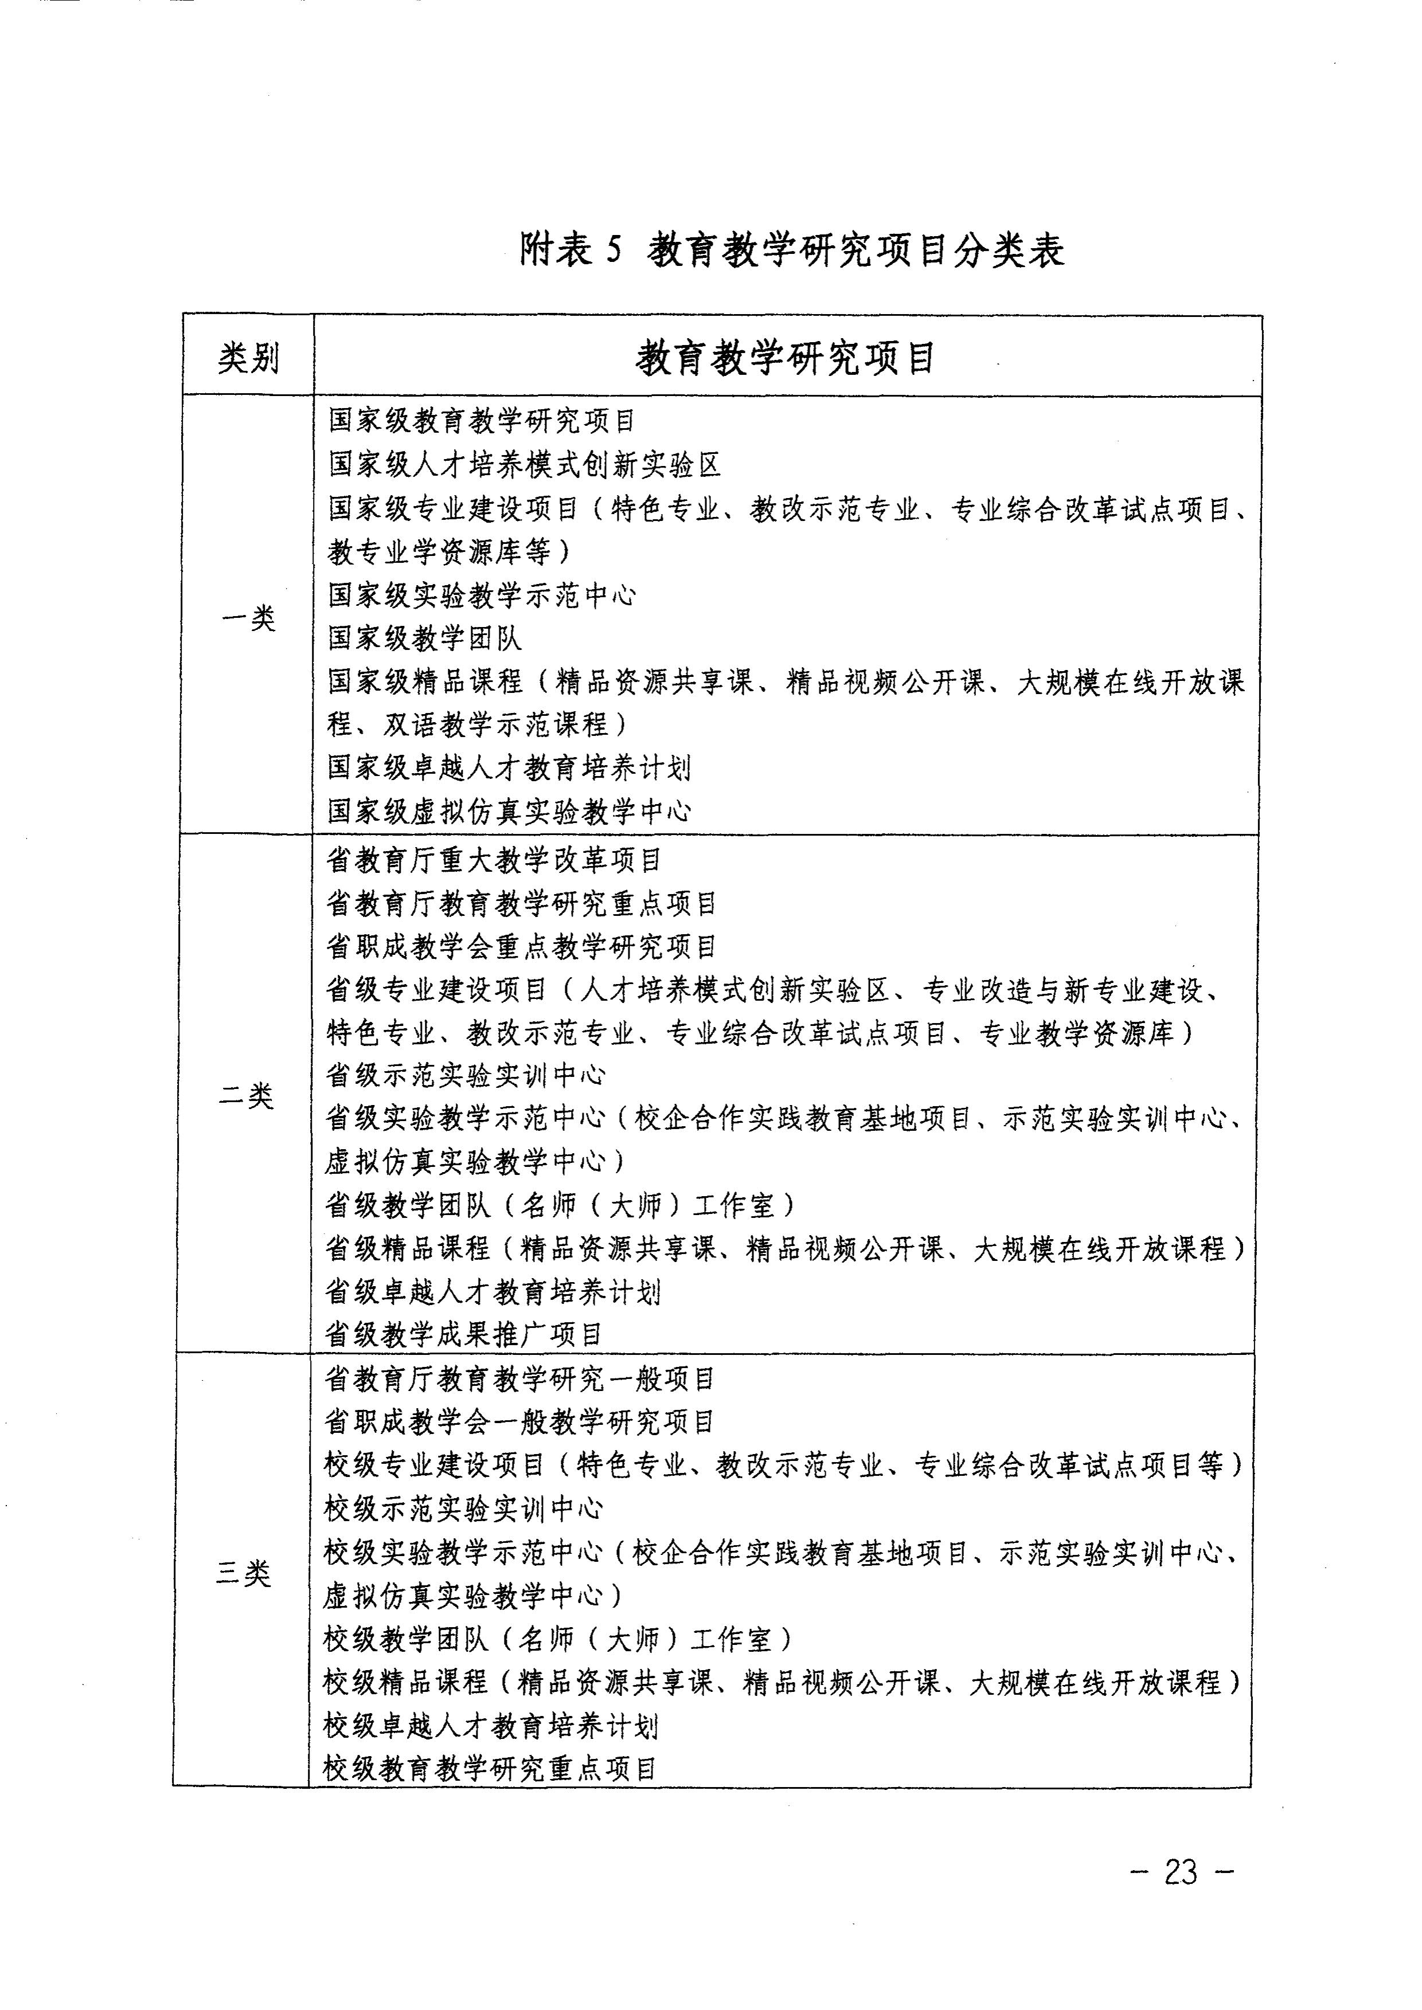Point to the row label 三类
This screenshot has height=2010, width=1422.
(244, 1573)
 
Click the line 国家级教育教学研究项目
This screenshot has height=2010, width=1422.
(482, 421)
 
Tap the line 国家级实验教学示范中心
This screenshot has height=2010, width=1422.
(482, 595)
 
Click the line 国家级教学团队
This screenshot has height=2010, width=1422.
(425, 638)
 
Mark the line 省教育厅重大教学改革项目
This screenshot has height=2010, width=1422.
(494, 860)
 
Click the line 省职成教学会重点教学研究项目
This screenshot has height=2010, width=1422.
(522, 946)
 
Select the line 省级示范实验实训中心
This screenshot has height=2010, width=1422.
(466, 1075)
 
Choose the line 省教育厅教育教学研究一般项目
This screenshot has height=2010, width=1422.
(520, 1380)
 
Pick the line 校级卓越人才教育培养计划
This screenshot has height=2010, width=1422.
(490, 1726)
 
